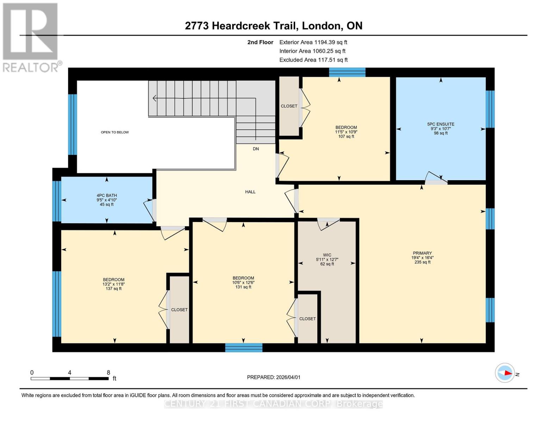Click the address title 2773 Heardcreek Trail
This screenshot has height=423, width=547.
[x=273, y=26]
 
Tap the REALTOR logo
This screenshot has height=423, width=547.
[x=31, y=37]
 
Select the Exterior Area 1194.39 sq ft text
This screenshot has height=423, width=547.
[x=313, y=42]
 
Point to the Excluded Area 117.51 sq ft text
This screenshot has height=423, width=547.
[x=313, y=60]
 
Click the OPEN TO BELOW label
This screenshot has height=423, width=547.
[x=115, y=133]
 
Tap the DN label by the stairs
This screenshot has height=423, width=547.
[x=256, y=149]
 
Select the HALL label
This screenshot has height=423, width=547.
[x=250, y=192]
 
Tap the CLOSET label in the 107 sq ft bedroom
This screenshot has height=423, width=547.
[x=289, y=106]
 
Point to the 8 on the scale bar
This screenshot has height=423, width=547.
[x=108, y=373]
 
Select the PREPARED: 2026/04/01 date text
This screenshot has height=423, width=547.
[x=273, y=377]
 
